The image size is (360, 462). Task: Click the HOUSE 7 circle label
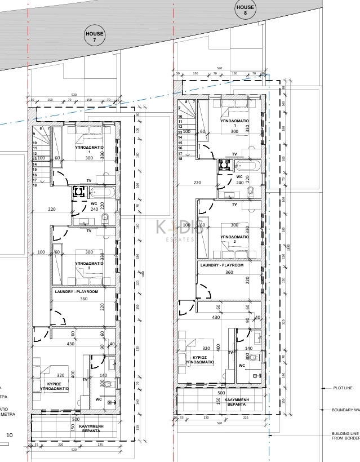tap(94, 37)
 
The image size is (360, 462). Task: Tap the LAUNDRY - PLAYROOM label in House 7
tap(76, 291)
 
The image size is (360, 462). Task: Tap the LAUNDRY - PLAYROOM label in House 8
tap(221, 265)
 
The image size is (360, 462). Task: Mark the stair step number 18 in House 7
tap(34, 185)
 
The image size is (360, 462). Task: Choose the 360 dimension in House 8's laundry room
tap(229, 272)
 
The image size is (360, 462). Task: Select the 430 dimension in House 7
tap(71, 344)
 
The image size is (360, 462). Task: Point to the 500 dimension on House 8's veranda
tap(221, 393)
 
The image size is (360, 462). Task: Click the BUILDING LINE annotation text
tap(341, 434)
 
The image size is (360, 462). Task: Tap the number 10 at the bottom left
tap(9, 436)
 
